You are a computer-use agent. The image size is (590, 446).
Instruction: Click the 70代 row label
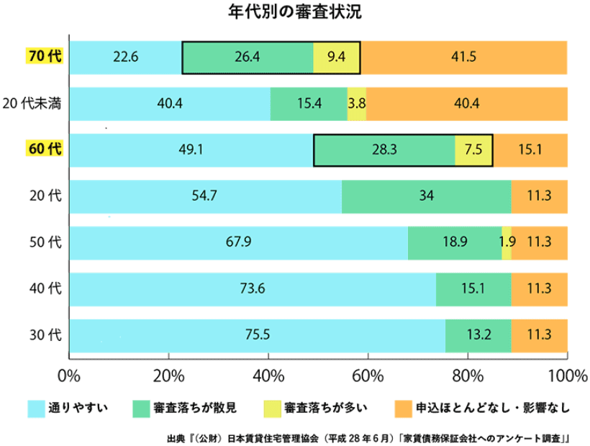[x=45, y=57]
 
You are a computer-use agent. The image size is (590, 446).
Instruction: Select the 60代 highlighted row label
[x=45, y=149]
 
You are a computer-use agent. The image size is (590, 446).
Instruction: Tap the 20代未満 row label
[x=32, y=103]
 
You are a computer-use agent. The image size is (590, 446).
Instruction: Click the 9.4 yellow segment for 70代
[x=337, y=57]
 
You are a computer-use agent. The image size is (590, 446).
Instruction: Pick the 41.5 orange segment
[x=463, y=57]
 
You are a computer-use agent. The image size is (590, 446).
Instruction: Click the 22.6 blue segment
[x=125, y=57]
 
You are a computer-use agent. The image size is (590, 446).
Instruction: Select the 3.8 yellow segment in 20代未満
[x=357, y=103]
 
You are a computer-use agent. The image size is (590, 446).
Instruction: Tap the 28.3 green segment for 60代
[x=385, y=150]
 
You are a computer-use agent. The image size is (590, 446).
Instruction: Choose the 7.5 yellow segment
[x=473, y=150]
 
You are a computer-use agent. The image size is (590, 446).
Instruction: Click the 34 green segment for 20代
[x=427, y=196]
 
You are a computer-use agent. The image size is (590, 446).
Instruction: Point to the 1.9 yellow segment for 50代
[x=507, y=242]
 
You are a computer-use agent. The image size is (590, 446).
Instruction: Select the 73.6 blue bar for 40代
[x=253, y=288]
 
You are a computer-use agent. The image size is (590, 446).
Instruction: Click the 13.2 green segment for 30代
[x=478, y=334]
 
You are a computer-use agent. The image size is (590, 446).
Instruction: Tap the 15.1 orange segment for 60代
[x=530, y=150]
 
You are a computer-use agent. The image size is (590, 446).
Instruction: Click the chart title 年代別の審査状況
[x=294, y=13]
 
